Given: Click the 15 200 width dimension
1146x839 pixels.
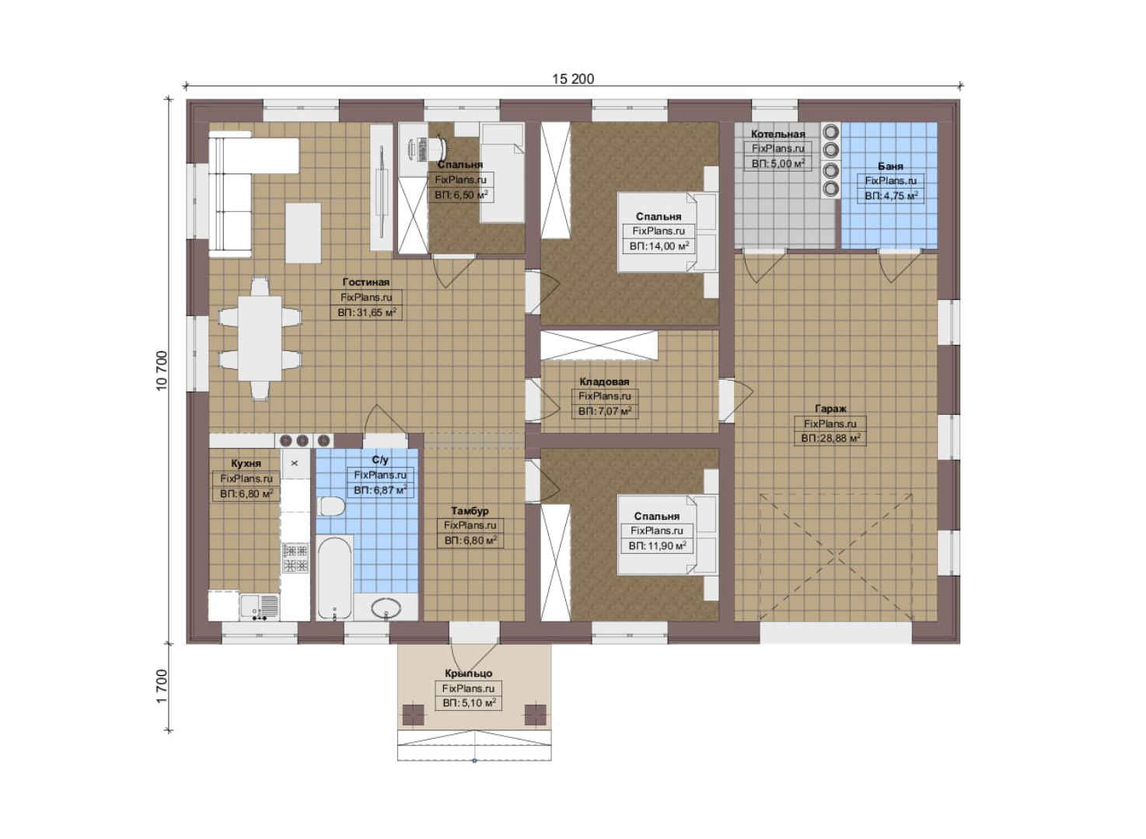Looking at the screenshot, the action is [573, 78].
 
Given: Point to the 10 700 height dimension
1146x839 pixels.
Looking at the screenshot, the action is [162, 371].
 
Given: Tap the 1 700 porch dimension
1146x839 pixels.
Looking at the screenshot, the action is [162, 686].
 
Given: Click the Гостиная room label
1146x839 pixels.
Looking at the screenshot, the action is [365, 282].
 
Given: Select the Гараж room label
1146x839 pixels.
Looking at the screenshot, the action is [830, 409].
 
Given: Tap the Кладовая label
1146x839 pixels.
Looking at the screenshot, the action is [604, 381].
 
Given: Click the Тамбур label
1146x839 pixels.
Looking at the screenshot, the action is [470, 510].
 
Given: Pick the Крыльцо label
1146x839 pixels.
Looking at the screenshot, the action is [469, 674].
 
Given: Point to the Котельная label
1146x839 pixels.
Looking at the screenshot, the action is [777, 134].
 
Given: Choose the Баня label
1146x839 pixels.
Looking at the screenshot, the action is [890, 166].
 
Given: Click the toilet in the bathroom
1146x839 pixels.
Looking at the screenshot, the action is [331, 507].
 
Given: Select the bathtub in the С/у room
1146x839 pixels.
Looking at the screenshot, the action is [334, 578].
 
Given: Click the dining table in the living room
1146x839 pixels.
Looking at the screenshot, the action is [260, 339].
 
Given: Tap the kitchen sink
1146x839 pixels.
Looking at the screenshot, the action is [260, 607].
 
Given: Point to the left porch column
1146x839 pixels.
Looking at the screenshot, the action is [413, 715].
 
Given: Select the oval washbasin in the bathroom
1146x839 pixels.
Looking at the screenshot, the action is [386, 608].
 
